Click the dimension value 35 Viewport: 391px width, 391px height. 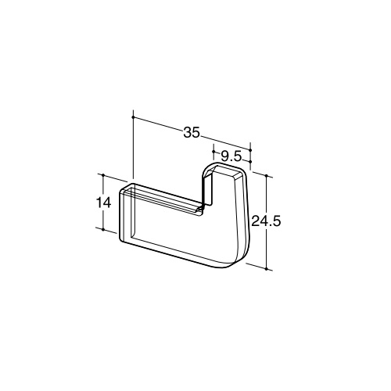point(192,132)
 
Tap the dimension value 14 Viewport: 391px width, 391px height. point(104,203)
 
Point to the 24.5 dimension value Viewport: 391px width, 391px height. point(266,221)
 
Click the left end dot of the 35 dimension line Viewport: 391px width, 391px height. point(133,117)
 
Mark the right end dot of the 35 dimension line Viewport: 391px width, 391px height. point(250,150)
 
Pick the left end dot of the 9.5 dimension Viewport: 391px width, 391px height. point(213,151)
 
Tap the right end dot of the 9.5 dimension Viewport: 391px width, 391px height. point(250,162)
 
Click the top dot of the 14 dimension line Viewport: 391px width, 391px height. point(103,175)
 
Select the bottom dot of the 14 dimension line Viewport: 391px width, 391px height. point(103,230)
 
